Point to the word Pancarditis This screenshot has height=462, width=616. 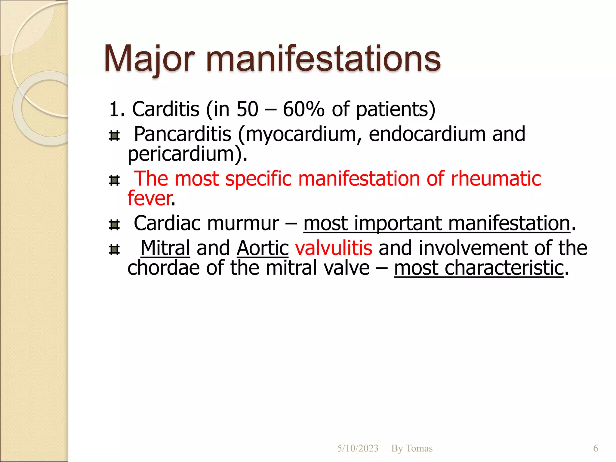(x=182, y=134)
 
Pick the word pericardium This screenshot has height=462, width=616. (x=181, y=154)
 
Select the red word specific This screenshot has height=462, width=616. (x=258, y=179)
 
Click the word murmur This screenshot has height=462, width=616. (x=243, y=223)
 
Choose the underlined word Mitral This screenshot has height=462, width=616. (x=165, y=248)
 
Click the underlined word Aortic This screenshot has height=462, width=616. (x=263, y=248)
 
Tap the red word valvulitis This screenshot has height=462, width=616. (x=334, y=248)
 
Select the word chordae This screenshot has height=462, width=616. (x=163, y=268)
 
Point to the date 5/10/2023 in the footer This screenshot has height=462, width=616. (x=358, y=448)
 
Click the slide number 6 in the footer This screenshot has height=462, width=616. (x=596, y=448)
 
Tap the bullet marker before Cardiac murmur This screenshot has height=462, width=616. (x=114, y=225)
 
